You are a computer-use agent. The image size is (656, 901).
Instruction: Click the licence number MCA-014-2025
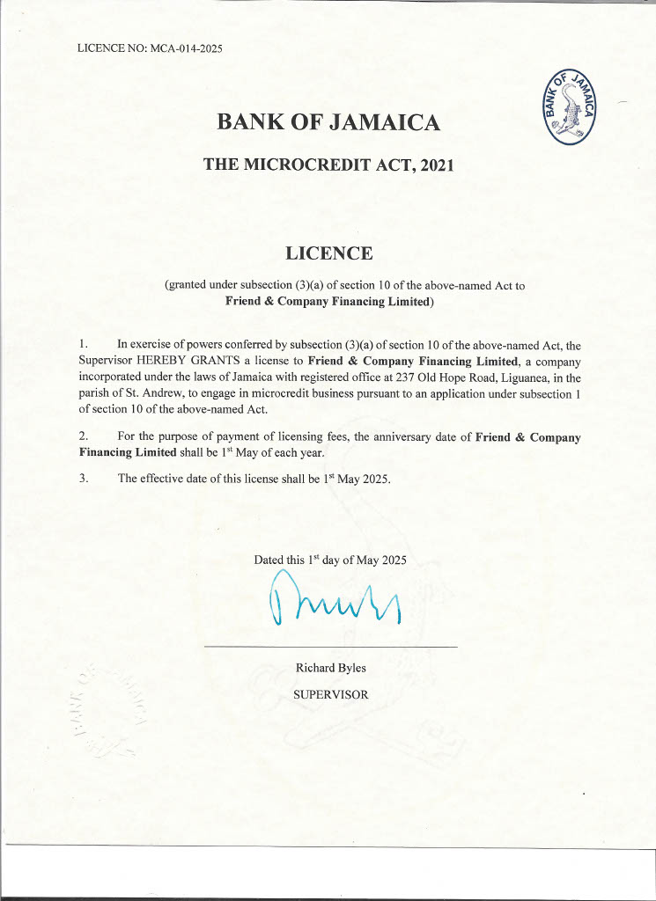pos(186,48)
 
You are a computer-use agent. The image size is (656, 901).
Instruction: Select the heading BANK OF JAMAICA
pos(328,122)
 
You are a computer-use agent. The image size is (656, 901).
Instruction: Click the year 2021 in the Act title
pos(436,164)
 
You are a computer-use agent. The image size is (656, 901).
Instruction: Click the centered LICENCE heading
pos(329,253)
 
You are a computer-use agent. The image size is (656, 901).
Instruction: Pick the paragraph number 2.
pos(83,436)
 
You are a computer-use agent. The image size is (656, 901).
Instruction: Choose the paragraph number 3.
pos(83,480)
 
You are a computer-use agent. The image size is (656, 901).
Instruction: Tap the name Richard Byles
pos(330,668)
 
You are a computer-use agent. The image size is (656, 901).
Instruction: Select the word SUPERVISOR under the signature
pos(330,694)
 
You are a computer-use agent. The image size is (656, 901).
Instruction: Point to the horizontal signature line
pos(330,648)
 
